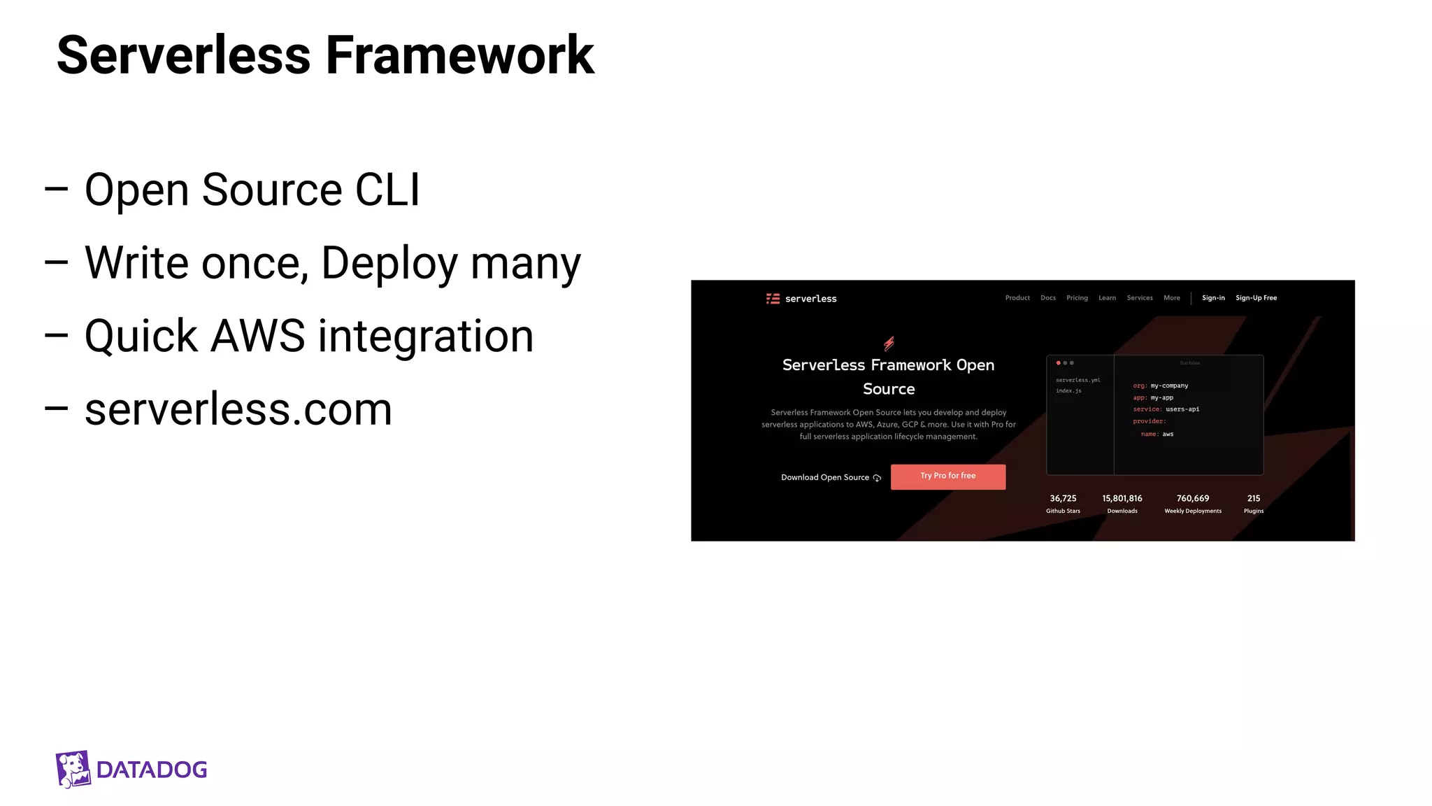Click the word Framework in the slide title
coord(459,55)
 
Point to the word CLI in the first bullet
coord(387,190)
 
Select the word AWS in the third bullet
coord(257,336)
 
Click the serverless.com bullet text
coord(238,409)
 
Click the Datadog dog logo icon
coord(73,769)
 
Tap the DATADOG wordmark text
coord(152,770)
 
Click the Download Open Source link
coord(825,477)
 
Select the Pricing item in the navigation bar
coord(1077,298)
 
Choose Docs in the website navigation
coord(1047,298)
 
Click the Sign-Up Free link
coord(1256,298)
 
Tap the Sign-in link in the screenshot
coord(1213,298)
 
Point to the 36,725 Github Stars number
coord(1063,498)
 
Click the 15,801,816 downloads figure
coord(1122,498)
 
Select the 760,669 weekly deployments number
coord(1192,498)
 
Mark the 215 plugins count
coord(1253,498)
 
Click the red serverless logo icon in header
coord(773,299)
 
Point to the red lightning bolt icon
coord(889,343)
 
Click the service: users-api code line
coord(1166,409)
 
